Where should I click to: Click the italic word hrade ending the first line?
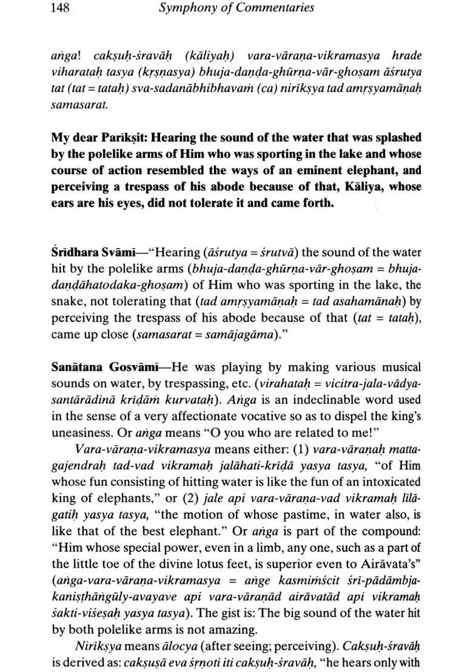[x=406, y=56]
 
